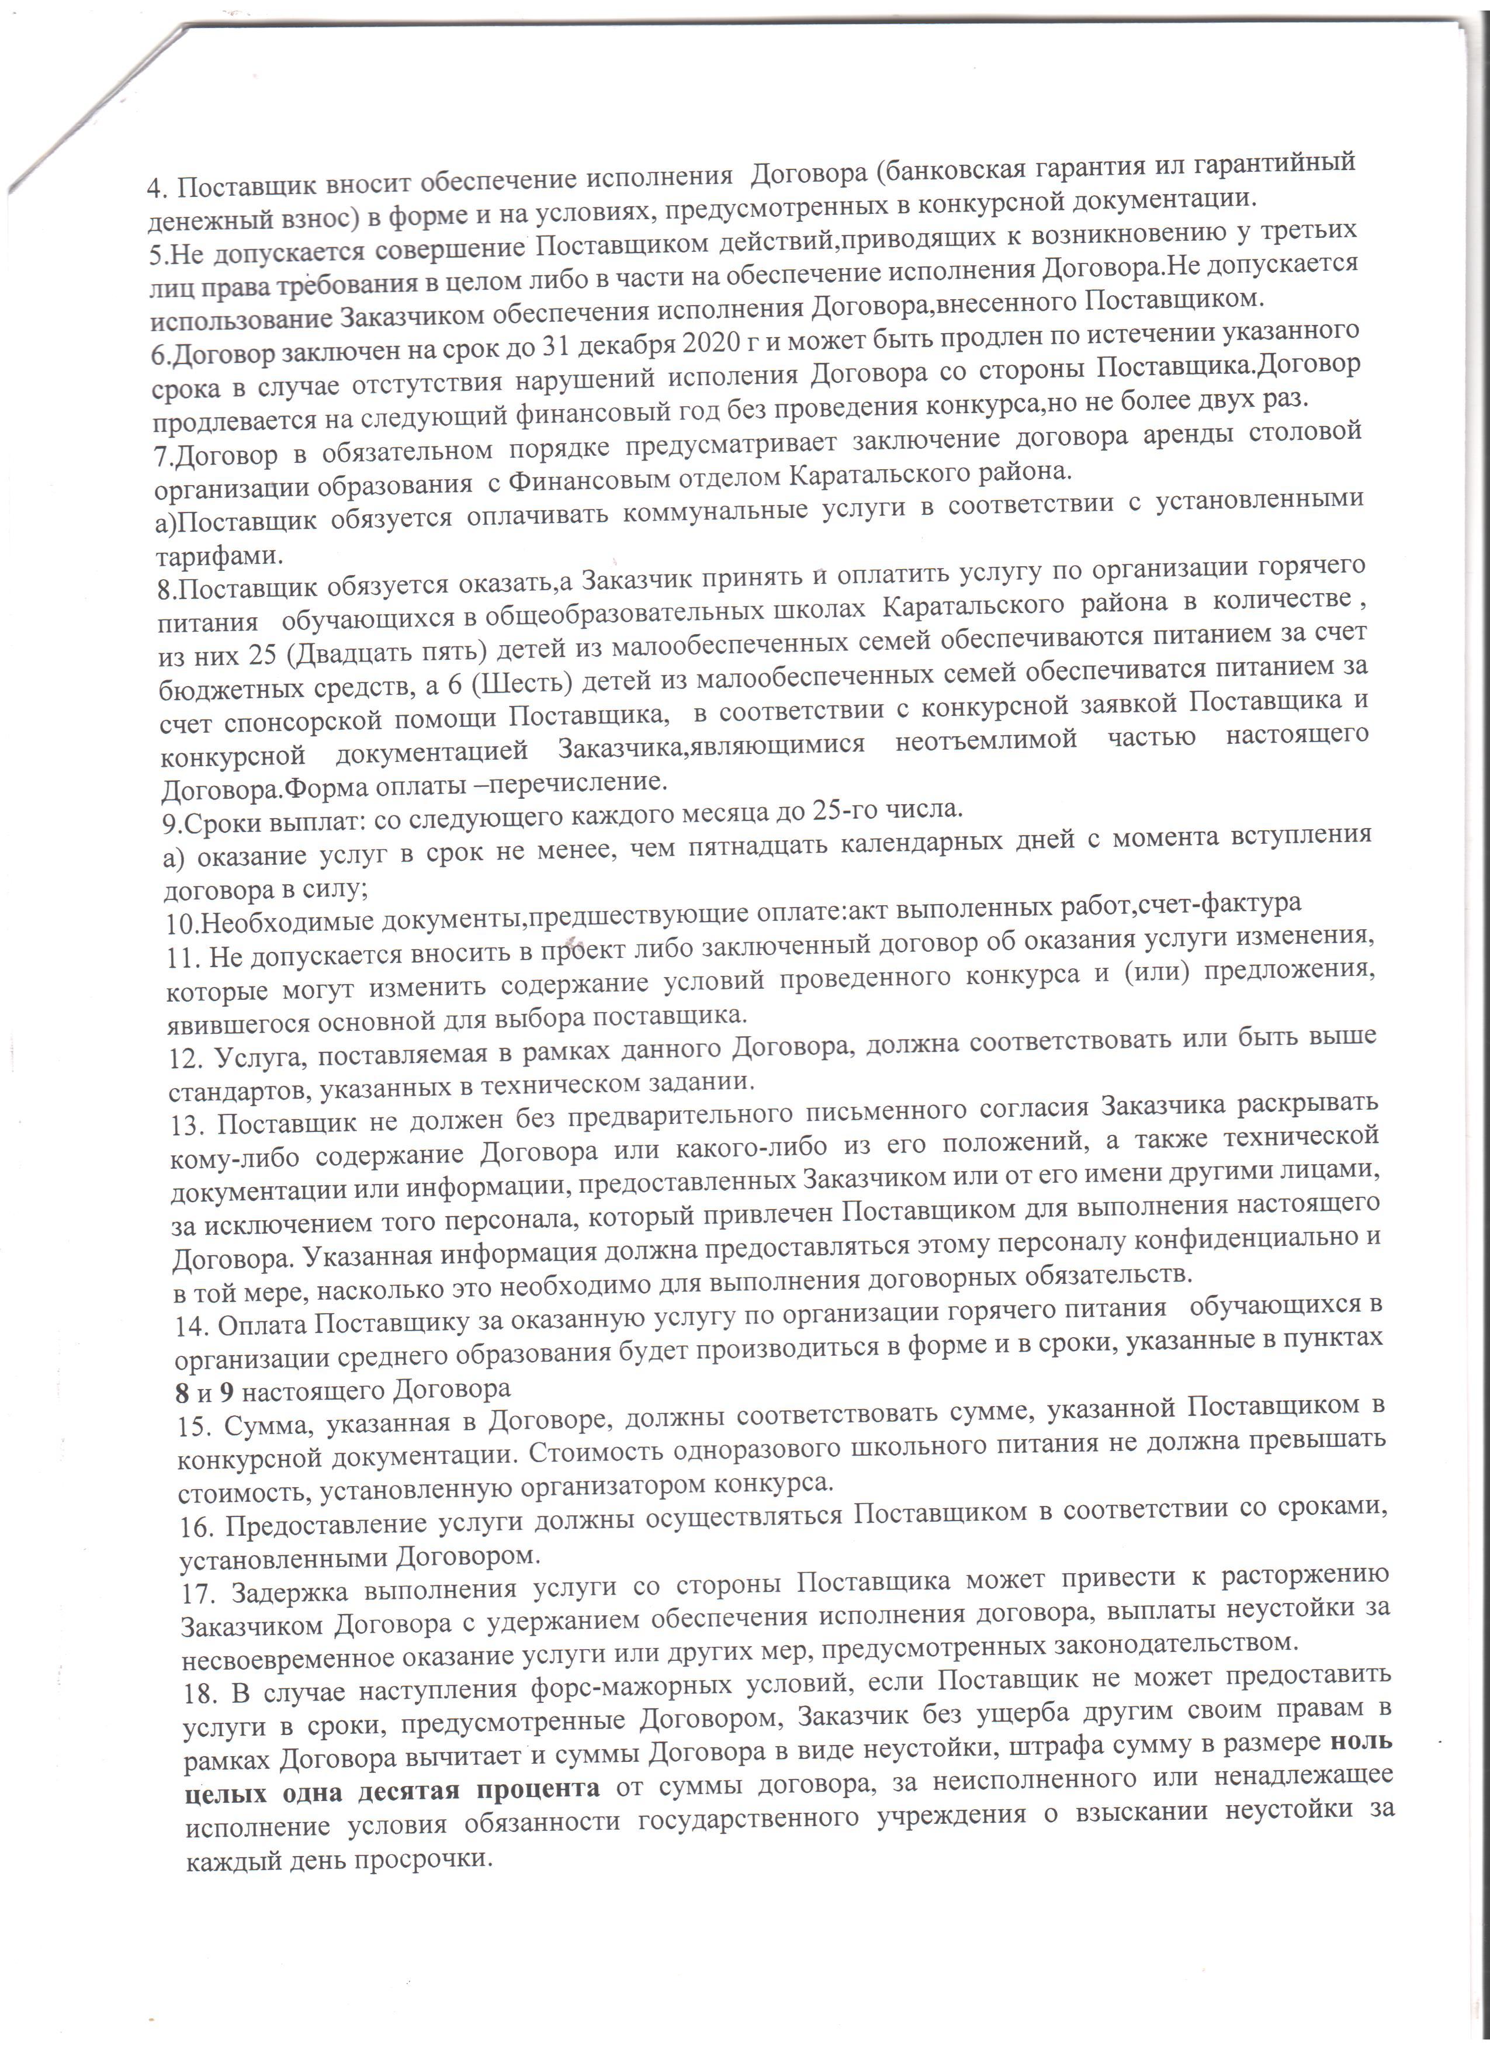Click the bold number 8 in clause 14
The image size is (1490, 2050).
[182, 1389]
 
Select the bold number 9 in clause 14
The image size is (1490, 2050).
[226, 1389]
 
